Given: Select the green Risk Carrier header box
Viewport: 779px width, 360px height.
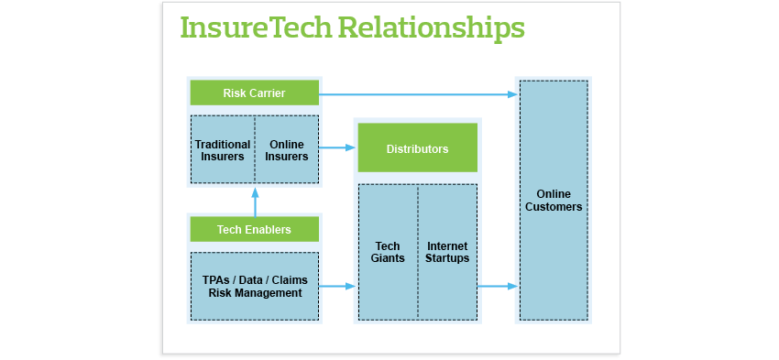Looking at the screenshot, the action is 255,93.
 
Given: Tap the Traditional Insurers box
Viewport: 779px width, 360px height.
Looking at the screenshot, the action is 223,149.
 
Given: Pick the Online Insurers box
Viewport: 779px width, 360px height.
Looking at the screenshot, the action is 287,149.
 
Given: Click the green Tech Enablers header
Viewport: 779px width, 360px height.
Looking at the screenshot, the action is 255,229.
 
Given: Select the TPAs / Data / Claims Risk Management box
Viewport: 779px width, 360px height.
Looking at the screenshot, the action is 255,287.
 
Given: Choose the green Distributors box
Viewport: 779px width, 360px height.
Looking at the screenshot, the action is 418,148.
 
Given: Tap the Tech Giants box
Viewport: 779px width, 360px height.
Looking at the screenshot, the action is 388,252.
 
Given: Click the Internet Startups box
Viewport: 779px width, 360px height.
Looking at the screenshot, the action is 447,252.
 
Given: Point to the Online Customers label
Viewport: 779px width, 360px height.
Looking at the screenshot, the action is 554,200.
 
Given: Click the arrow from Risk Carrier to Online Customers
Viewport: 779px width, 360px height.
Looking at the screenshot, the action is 418,94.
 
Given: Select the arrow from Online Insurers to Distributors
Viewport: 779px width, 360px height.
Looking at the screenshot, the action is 337,147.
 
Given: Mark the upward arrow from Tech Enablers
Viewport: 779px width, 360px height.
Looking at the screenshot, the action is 256,202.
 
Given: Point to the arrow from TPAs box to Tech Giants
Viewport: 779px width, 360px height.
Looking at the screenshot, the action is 337,286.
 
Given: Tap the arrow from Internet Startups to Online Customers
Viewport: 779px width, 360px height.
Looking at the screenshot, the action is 498,286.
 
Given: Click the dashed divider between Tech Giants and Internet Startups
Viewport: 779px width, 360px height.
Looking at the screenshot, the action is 418,252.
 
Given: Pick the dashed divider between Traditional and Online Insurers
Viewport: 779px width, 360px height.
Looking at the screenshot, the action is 255,149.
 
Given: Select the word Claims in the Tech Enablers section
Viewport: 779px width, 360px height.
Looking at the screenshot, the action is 291,280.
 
